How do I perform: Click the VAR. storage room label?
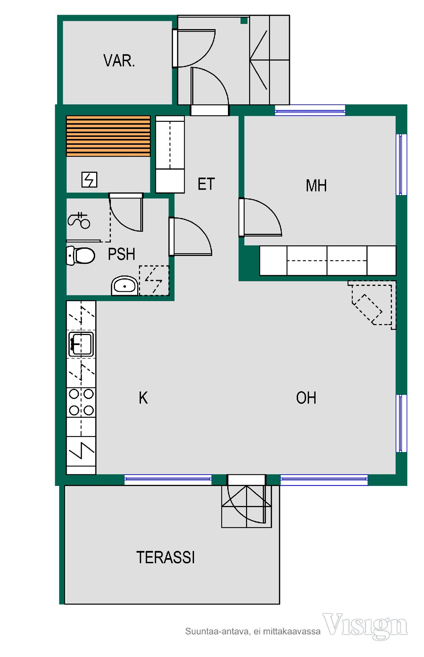click(x=119, y=61)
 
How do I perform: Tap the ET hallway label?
click(x=206, y=184)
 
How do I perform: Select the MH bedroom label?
click(x=316, y=185)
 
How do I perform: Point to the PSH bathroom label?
click(x=121, y=254)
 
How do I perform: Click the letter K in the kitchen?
click(x=143, y=398)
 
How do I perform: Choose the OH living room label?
click(x=306, y=398)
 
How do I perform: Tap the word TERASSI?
click(x=166, y=557)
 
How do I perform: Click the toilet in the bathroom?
click(x=80, y=256)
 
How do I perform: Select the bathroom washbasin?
click(x=125, y=286)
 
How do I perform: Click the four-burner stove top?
click(x=81, y=402)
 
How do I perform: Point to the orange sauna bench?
click(x=108, y=136)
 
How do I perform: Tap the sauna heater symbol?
click(x=89, y=180)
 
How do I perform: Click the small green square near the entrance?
click(x=244, y=21)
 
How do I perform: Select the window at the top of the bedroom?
click(x=310, y=111)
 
